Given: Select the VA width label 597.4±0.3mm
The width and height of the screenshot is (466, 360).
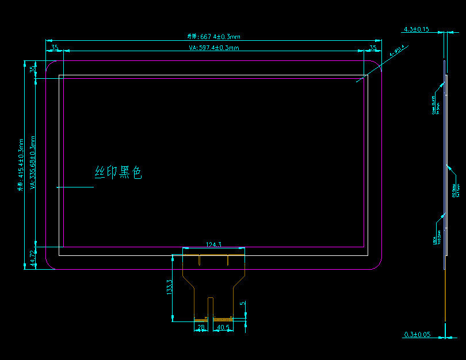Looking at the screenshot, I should (x=213, y=48).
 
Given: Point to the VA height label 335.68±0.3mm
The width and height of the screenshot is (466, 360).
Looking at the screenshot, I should (x=33, y=163).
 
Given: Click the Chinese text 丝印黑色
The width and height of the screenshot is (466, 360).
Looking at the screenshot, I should (x=118, y=172).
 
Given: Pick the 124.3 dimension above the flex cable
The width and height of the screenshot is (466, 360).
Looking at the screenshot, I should (x=213, y=245).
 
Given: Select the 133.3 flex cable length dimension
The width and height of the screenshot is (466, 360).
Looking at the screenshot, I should (x=169, y=288).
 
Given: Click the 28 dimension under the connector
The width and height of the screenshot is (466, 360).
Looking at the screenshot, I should (x=201, y=327).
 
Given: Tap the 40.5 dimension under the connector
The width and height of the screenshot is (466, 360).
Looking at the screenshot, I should (x=222, y=327).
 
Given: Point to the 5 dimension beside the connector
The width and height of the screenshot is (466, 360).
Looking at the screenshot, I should (x=243, y=304).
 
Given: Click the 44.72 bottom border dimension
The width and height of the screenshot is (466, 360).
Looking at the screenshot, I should (x=33, y=258).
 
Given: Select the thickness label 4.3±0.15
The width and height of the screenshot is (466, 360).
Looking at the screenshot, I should (x=417, y=29).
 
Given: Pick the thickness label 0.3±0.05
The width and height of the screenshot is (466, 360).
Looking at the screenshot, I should (x=417, y=334).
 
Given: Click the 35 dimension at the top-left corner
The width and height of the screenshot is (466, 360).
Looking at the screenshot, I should (x=54, y=48).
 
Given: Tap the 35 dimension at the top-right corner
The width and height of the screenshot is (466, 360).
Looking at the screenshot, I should (x=373, y=48).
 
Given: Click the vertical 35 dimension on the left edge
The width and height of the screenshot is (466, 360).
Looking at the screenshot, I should (x=33, y=70).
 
